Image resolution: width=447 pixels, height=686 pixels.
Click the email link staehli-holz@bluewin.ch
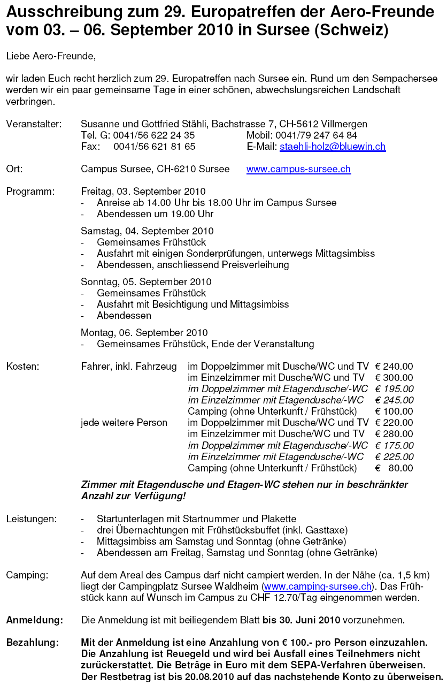[332, 147]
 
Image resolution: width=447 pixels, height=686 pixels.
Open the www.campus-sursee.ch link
[298, 170]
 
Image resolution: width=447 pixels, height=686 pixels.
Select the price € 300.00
[394, 378]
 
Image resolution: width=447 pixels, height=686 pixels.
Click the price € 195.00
[394, 389]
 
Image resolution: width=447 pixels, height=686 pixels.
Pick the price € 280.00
[394, 434]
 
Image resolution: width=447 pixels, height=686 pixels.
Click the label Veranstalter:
[34, 124]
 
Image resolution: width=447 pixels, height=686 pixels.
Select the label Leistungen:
[31, 519]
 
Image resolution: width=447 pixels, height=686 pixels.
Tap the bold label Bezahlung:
[33, 643]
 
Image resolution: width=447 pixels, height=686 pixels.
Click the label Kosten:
[22, 367]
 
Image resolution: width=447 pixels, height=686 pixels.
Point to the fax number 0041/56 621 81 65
[155, 147]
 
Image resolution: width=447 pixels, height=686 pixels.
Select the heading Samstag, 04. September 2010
[147, 231]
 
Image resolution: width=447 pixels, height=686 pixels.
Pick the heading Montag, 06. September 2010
[144, 333]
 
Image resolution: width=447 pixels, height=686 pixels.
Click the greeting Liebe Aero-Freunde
[51, 56]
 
